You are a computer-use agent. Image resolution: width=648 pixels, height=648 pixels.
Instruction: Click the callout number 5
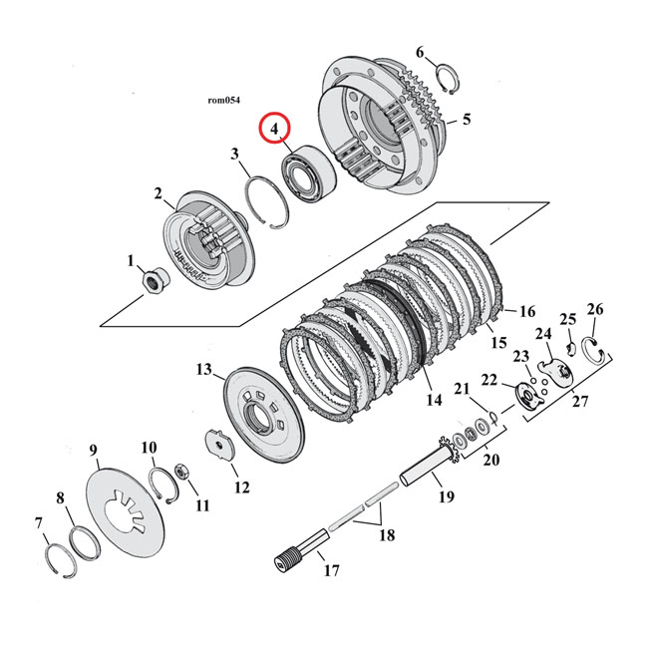click(x=467, y=120)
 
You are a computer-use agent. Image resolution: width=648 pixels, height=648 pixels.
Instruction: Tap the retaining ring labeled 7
click(x=62, y=567)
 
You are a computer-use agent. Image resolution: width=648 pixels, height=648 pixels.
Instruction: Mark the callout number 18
click(x=385, y=535)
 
